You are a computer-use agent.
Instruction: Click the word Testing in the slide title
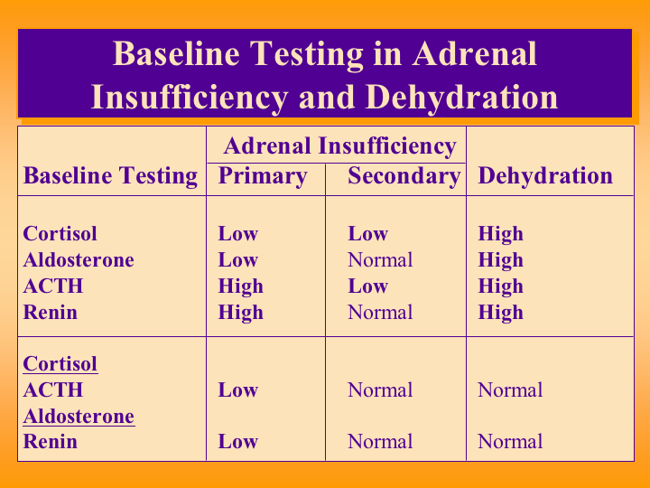pyautogui.click(x=307, y=54)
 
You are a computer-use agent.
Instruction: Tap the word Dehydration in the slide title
pyautogui.click(x=462, y=98)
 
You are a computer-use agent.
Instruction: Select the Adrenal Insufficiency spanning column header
pyautogui.click(x=339, y=146)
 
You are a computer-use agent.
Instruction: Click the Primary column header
pyautogui.click(x=263, y=176)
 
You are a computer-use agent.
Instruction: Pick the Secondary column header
pyautogui.click(x=404, y=176)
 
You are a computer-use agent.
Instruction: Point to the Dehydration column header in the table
pyautogui.click(x=545, y=176)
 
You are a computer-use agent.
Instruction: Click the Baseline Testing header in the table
pyautogui.click(x=110, y=176)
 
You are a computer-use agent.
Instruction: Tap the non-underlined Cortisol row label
pyautogui.click(x=60, y=233)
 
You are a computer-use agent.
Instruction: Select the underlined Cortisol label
pyautogui.click(x=60, y=364)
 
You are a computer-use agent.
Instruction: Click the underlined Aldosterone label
pyautogui.click(x=79, y=417)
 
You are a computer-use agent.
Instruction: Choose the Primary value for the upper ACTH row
pyautogui.click(x=240, y=286)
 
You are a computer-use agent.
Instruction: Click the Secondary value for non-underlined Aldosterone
pyautogui.click(x=380, y=260)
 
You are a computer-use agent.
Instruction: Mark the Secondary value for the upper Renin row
pyautogui.click(x=380, y=313)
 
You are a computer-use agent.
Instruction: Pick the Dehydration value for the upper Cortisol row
pyautogui.click(x=500, y=234)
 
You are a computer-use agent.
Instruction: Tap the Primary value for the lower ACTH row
pyautogui.click(x=238, y=390)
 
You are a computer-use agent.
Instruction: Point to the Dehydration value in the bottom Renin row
pyautogui.click(x=510, y=442)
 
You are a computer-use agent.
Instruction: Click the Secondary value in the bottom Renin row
pyautogui.click(x=380, y=442)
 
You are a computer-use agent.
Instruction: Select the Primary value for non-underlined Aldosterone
pyautogui.click(x=238, y=260)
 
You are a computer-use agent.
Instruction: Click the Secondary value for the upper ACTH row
pyautogui.click(x=367, y=286)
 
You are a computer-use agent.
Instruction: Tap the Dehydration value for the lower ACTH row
pyautogui.click(x=510, y=390)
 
